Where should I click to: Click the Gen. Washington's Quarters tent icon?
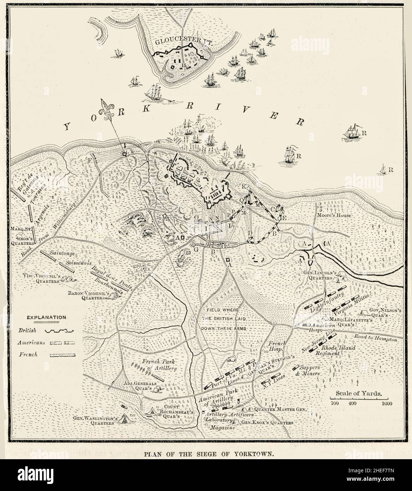[124, 419]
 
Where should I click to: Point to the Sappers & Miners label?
[308, 371]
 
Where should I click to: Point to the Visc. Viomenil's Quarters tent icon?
[66, 279]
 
